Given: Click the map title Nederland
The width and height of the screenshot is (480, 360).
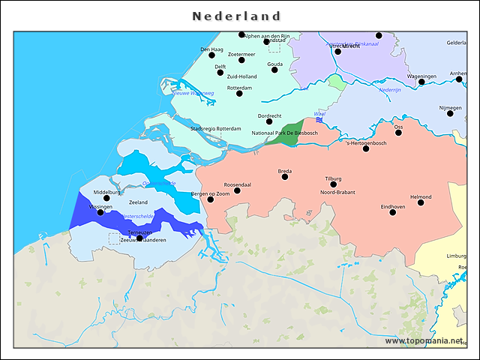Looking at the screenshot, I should [236, 16].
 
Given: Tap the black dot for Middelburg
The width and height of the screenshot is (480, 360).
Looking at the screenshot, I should [106, 199].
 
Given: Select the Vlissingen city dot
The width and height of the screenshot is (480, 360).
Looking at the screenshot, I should [100, 212].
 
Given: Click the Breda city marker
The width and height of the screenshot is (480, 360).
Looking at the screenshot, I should [285, 177].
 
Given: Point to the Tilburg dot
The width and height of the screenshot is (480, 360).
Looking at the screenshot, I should [333, 184].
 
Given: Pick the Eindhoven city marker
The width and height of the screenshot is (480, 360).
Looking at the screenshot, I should [392, 212].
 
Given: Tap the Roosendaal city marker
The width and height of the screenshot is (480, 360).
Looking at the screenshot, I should [237, 190].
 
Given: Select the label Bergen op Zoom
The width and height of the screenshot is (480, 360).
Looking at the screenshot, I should [211, 194].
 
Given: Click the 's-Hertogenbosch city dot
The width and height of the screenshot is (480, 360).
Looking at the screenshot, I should [366, 148].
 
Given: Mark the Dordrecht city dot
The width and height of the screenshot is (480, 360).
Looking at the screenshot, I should [269, 121].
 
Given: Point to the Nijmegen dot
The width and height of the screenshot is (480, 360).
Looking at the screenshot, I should [450, 113].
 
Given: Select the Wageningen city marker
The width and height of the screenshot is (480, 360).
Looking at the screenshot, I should [421, 82].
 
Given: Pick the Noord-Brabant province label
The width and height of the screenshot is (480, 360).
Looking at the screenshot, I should [337, 193].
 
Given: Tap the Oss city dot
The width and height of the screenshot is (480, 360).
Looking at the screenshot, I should [398, 133].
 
